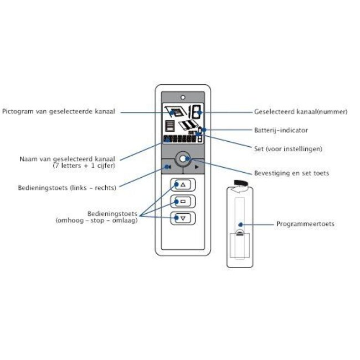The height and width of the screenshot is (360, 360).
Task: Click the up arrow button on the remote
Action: (183, 185)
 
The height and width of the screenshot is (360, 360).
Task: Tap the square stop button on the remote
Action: (183, 201)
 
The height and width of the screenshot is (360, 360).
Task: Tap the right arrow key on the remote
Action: (197, 164)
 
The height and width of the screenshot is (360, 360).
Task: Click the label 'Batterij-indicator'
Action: (276, 130)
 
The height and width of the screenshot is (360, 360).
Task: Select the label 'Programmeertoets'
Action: (305, 224)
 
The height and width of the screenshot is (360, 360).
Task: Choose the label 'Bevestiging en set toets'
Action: (291, 173)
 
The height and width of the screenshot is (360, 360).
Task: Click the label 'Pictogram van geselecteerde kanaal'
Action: (58, 112)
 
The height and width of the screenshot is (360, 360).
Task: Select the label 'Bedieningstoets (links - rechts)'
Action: (66, 188)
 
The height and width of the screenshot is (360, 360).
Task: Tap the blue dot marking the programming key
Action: (240, 224)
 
